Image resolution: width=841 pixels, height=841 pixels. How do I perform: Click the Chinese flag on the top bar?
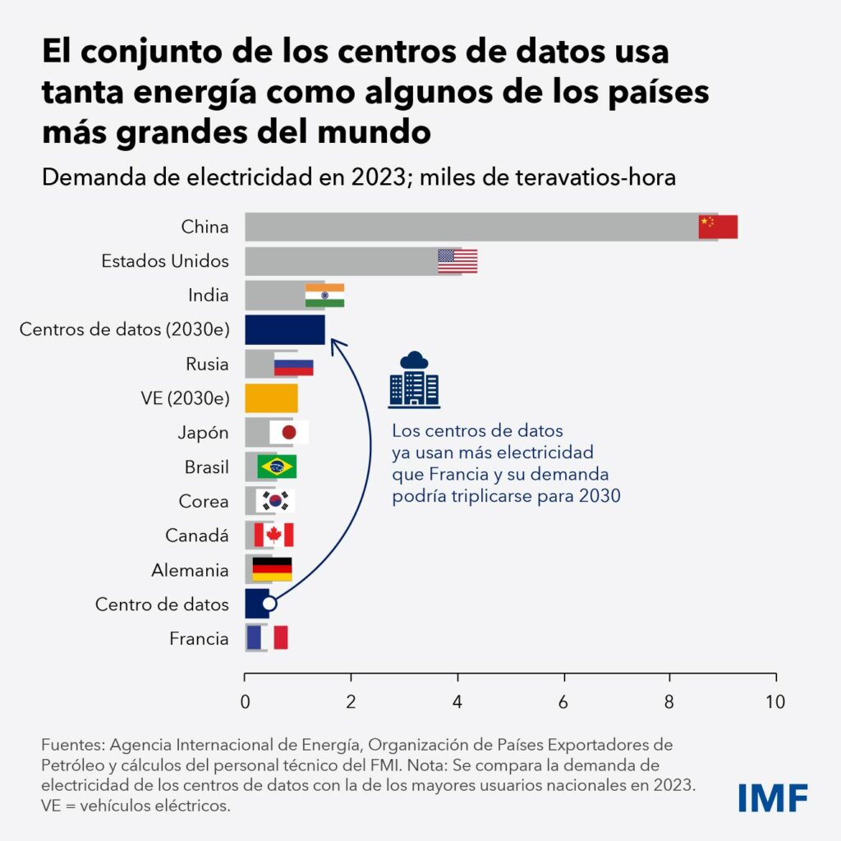point(718,227)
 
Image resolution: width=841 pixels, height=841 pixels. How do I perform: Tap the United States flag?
point(457,261)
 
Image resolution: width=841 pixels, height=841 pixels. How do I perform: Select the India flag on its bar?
point(324,296)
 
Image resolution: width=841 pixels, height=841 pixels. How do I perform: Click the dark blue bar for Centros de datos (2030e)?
point(285,329)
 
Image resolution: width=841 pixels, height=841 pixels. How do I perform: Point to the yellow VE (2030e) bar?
point(271,398)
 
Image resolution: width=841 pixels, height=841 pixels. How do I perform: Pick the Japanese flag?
point(289,432)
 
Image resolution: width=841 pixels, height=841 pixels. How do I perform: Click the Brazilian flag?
point(277,466)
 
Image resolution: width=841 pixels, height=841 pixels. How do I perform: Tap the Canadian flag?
point(273,535)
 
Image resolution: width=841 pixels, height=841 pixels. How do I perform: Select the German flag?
point(272,569)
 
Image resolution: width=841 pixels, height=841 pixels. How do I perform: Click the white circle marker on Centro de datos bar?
point(269,604)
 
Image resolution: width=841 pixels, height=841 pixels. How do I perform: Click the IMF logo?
point(773,797)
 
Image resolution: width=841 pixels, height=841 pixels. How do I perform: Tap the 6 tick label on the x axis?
point(564,702)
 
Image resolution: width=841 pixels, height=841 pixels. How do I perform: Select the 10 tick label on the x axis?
point(775,702)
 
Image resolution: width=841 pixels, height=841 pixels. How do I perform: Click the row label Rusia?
point(208,364)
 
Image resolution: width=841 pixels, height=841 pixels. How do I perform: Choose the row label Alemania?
point(190,570)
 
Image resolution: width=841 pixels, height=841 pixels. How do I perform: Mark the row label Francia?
point(199,638)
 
